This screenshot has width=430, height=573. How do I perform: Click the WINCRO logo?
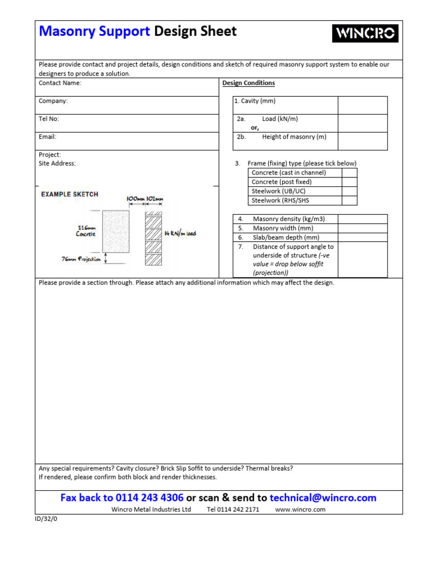pyautogui.click(x=365, y=34)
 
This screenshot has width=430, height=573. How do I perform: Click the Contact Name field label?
pyautogui.click(x=60, y=83)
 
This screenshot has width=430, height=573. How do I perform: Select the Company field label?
pyautogui.click(x=53, y=101)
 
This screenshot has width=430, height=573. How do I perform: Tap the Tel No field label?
pyautogui.click(x=49, y=119)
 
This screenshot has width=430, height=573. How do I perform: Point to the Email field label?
pyautogui.click(x=48, y=137)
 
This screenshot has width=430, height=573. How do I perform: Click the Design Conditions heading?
pyautogui.click(x=249, y=83)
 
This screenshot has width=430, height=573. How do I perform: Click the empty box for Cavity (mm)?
pyautogui.click(x=362, y=105)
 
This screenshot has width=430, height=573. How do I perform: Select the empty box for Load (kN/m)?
pyautogui.click(x=362, y=123)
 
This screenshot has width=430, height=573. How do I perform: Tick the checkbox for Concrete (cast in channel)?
pyautogui.click(x=349, y=173)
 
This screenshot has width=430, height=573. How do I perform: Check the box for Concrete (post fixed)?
pyautogui.click(x=349, y=182)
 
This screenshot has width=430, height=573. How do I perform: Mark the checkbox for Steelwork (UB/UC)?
pyautogui.click(x=349, y=191)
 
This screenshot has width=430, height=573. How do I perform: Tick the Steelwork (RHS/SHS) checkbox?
pyautogui.click(x=349, y=200)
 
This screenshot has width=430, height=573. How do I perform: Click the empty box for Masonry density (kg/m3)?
pyautogui.click(x=362, y=219)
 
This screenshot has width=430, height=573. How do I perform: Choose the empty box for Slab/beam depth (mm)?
pyautogui.click(x=362, y=237)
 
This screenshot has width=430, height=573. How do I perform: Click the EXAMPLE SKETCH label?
pyautogui.click(x=69, y=194)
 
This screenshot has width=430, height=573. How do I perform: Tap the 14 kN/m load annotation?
pyautogui.click(x=180, y=233)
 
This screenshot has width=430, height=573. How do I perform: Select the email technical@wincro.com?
pyautogui.click(x=323, y=497)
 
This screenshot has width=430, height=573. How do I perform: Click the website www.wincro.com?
pyautogui.click(x=301, y=510)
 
